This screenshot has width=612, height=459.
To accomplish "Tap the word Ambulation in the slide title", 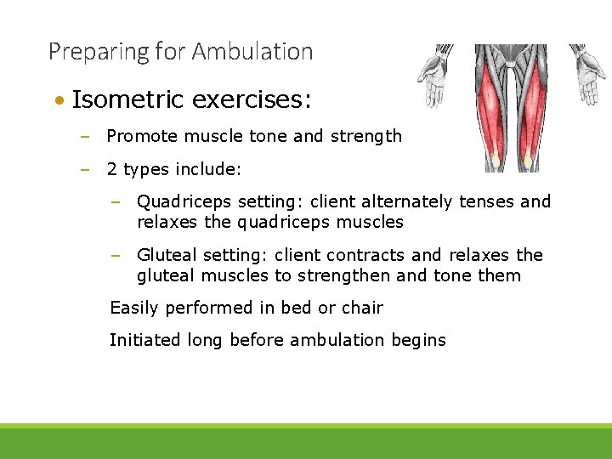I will [x=252, y=52].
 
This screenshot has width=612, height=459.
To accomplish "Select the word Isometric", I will [x=127, y=100].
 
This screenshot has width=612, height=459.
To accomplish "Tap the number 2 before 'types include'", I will [x=111, y=169].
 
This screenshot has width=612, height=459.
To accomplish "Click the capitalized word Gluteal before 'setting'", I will [x=167, y=255].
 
